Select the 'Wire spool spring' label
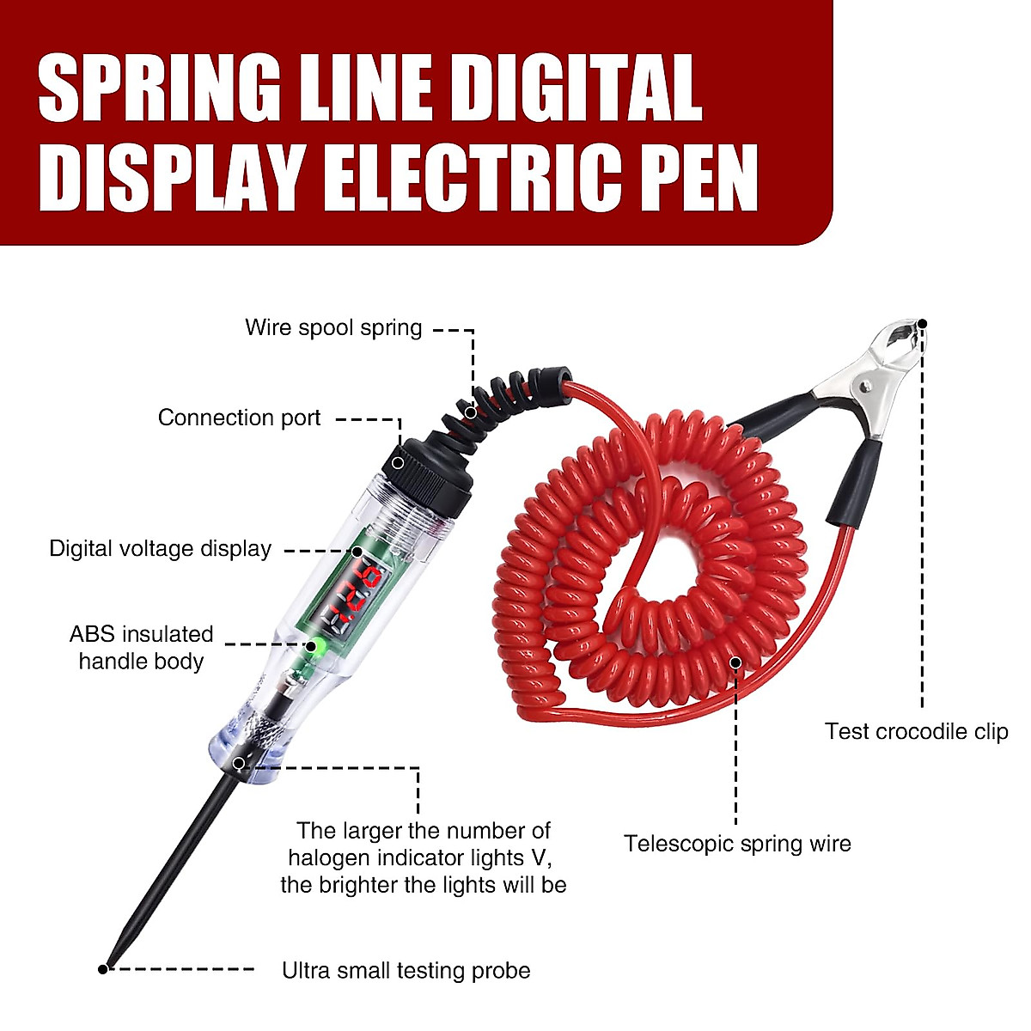click(x=333, y=327)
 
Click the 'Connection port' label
click(x=239, y=418)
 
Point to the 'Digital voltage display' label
click(x=161, y=549)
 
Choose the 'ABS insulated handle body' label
click(x=141, y=648)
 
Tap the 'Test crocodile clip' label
click(x=916, y=732)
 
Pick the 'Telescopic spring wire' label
click(x=737, y=844)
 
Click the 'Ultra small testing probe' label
click(x=406, y=971)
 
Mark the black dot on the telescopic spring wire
click(x=735, y=662)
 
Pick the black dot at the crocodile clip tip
click(x=922, y=324)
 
